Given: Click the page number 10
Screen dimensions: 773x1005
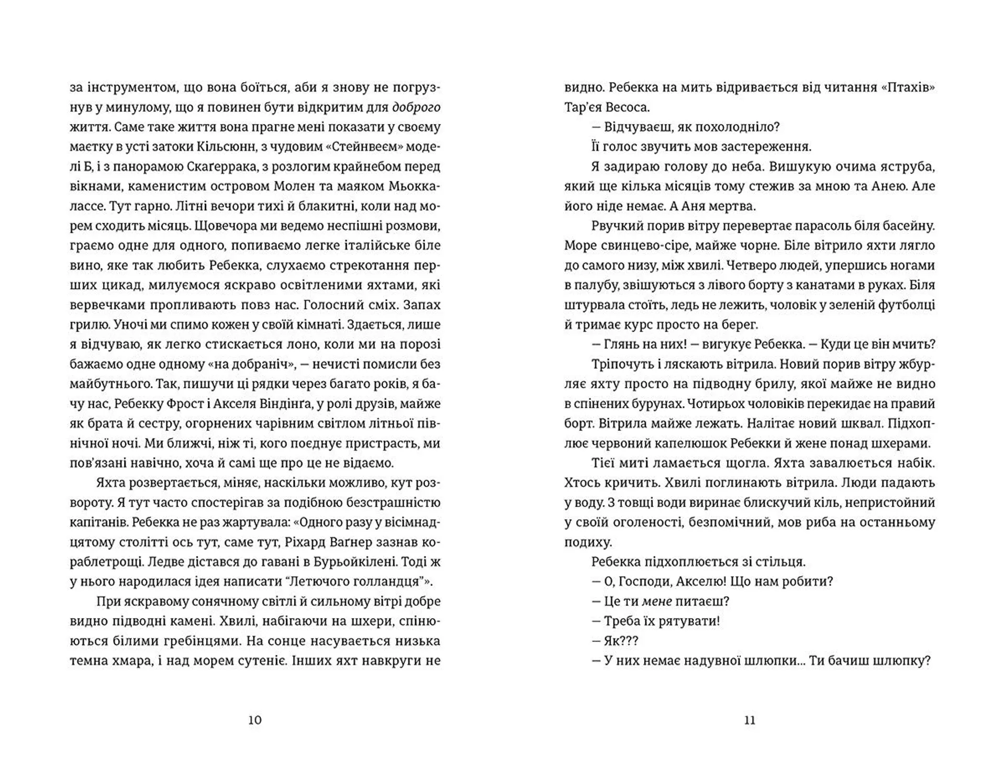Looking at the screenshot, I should [x=254, y=720].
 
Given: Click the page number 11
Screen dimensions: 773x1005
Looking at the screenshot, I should [x=750, y=720].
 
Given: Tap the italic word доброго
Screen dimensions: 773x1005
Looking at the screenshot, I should [x=416, y=107].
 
